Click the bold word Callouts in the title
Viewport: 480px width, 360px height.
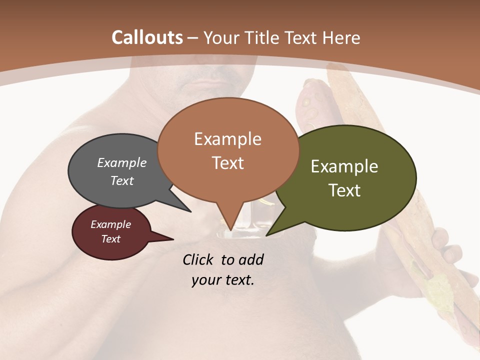coord(147,37)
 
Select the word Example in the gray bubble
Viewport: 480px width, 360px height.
coord(121,162)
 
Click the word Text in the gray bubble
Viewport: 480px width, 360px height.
coord(121,180)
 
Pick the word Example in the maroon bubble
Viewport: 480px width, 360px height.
coord(110,224)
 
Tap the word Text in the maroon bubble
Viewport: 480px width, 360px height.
coord(110,239)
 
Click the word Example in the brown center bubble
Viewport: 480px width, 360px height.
coord(227,139)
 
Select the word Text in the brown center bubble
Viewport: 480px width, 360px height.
coord(227,163)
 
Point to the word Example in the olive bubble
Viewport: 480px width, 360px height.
coord(344,166)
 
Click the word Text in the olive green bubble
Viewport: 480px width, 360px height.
coord(344,190)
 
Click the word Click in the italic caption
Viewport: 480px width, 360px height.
coord(199,259)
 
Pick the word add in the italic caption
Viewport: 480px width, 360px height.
coord(251,259)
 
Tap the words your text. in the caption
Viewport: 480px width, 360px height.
coord(222,280)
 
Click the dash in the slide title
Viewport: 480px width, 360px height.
coord(193,37)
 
